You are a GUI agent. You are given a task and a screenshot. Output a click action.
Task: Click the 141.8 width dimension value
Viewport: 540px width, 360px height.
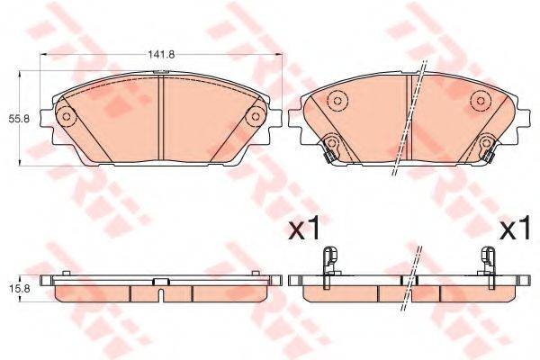coord(161,55)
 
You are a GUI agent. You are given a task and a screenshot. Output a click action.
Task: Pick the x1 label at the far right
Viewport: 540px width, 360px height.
coord(513,229)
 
